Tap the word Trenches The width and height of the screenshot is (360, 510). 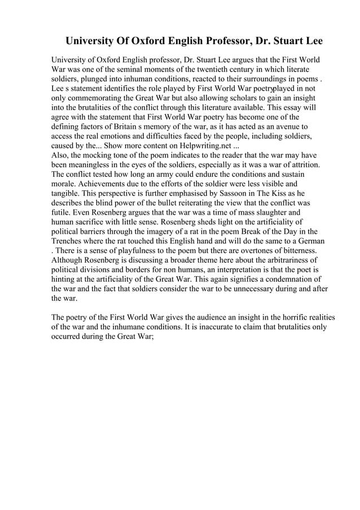pyautogui.click(x=68, y=242)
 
